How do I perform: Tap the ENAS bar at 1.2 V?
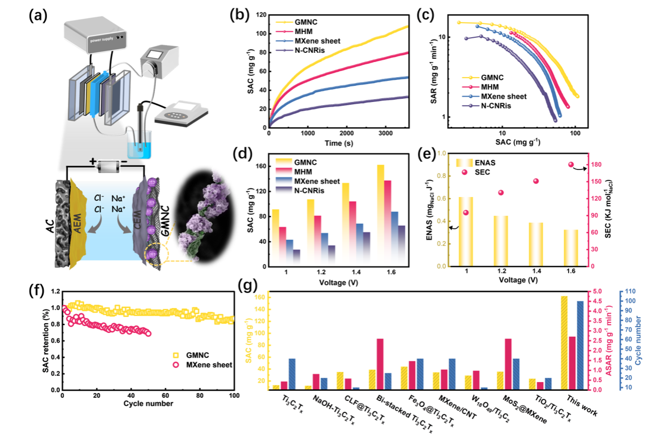tap(501, 241)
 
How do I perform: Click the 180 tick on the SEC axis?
tap(597, 165)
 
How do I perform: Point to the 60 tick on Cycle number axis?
tap(166, 397)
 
